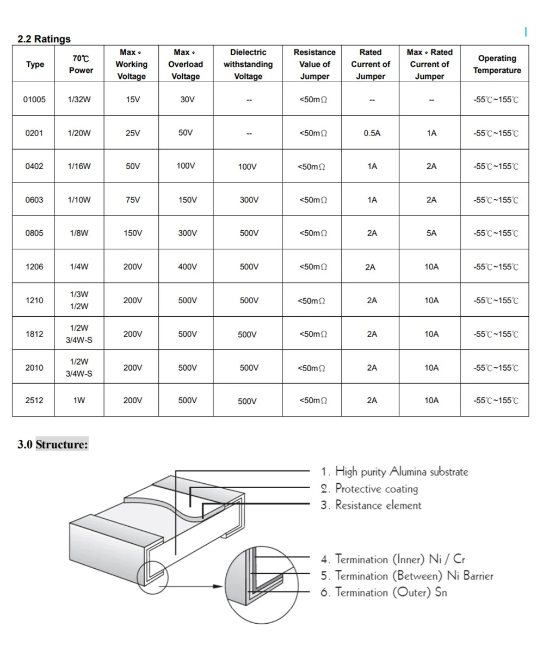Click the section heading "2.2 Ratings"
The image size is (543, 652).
point(44,39)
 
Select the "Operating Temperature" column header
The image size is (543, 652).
point(497,64)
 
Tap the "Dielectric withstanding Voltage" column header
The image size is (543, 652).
point(248,64)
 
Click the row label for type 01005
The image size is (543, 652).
point(35,100)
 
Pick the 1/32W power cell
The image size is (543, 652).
point(79,100)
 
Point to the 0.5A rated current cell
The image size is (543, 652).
point(372,133)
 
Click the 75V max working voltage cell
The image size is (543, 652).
point(133,200)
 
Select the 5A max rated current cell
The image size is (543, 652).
point(431,233)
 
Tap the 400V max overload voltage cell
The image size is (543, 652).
point(187,267)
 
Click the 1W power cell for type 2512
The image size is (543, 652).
point(79,401)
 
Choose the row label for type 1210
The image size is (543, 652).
point(34,300)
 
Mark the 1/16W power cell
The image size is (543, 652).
point(79,167)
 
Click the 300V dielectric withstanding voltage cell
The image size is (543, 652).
point(249,200)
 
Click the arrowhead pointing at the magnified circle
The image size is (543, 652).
point(219,587)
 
